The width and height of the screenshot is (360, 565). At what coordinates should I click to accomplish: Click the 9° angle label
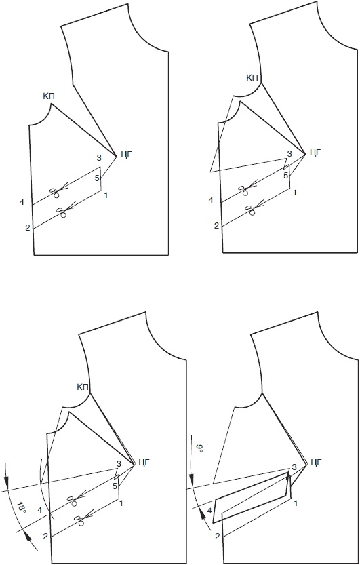pos(200,449)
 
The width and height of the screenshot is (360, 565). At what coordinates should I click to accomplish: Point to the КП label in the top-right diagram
pos(252,77)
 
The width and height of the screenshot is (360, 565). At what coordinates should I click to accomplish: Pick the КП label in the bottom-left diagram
pos(83,387)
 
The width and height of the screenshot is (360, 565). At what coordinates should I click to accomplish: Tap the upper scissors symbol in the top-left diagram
pos(55,192)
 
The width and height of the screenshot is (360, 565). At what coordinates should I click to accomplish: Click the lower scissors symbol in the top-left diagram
pos(62,212)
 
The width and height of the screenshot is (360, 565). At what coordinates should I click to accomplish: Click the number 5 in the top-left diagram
pos(96,178)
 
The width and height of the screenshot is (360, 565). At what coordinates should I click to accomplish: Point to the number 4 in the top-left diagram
pos(22,203)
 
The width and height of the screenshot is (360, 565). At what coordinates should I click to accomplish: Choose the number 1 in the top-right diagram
pos(295,193)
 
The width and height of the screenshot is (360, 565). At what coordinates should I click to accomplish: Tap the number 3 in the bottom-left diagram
pos(119,463)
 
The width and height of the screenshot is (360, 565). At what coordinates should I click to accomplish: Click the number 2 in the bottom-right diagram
pos(218,536)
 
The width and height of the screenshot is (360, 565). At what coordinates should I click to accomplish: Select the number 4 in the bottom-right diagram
pos(209,510)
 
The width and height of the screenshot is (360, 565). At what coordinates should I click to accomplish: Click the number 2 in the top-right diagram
pos(216,226)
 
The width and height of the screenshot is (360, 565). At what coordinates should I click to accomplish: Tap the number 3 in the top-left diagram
pos(98,158)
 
